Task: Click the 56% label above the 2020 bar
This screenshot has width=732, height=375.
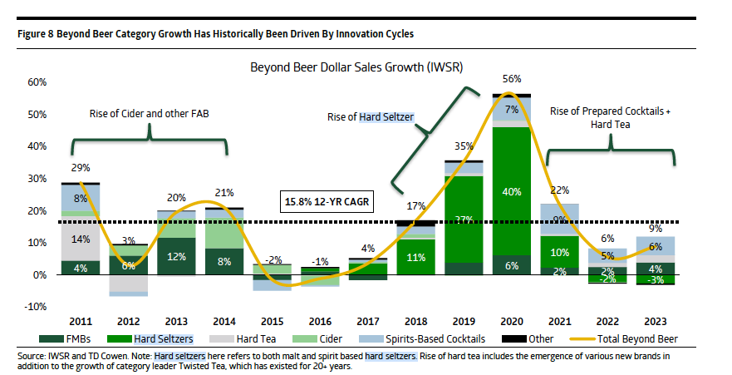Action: pos(512,79)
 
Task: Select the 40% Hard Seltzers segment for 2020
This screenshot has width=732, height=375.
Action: pos(513,191)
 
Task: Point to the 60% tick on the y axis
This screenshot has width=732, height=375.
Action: pos(37,82)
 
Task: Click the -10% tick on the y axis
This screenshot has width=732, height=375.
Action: pos(37,307)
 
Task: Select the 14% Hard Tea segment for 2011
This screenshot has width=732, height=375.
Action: pos(81,239)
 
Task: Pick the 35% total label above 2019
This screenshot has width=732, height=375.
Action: pos(464,146)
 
